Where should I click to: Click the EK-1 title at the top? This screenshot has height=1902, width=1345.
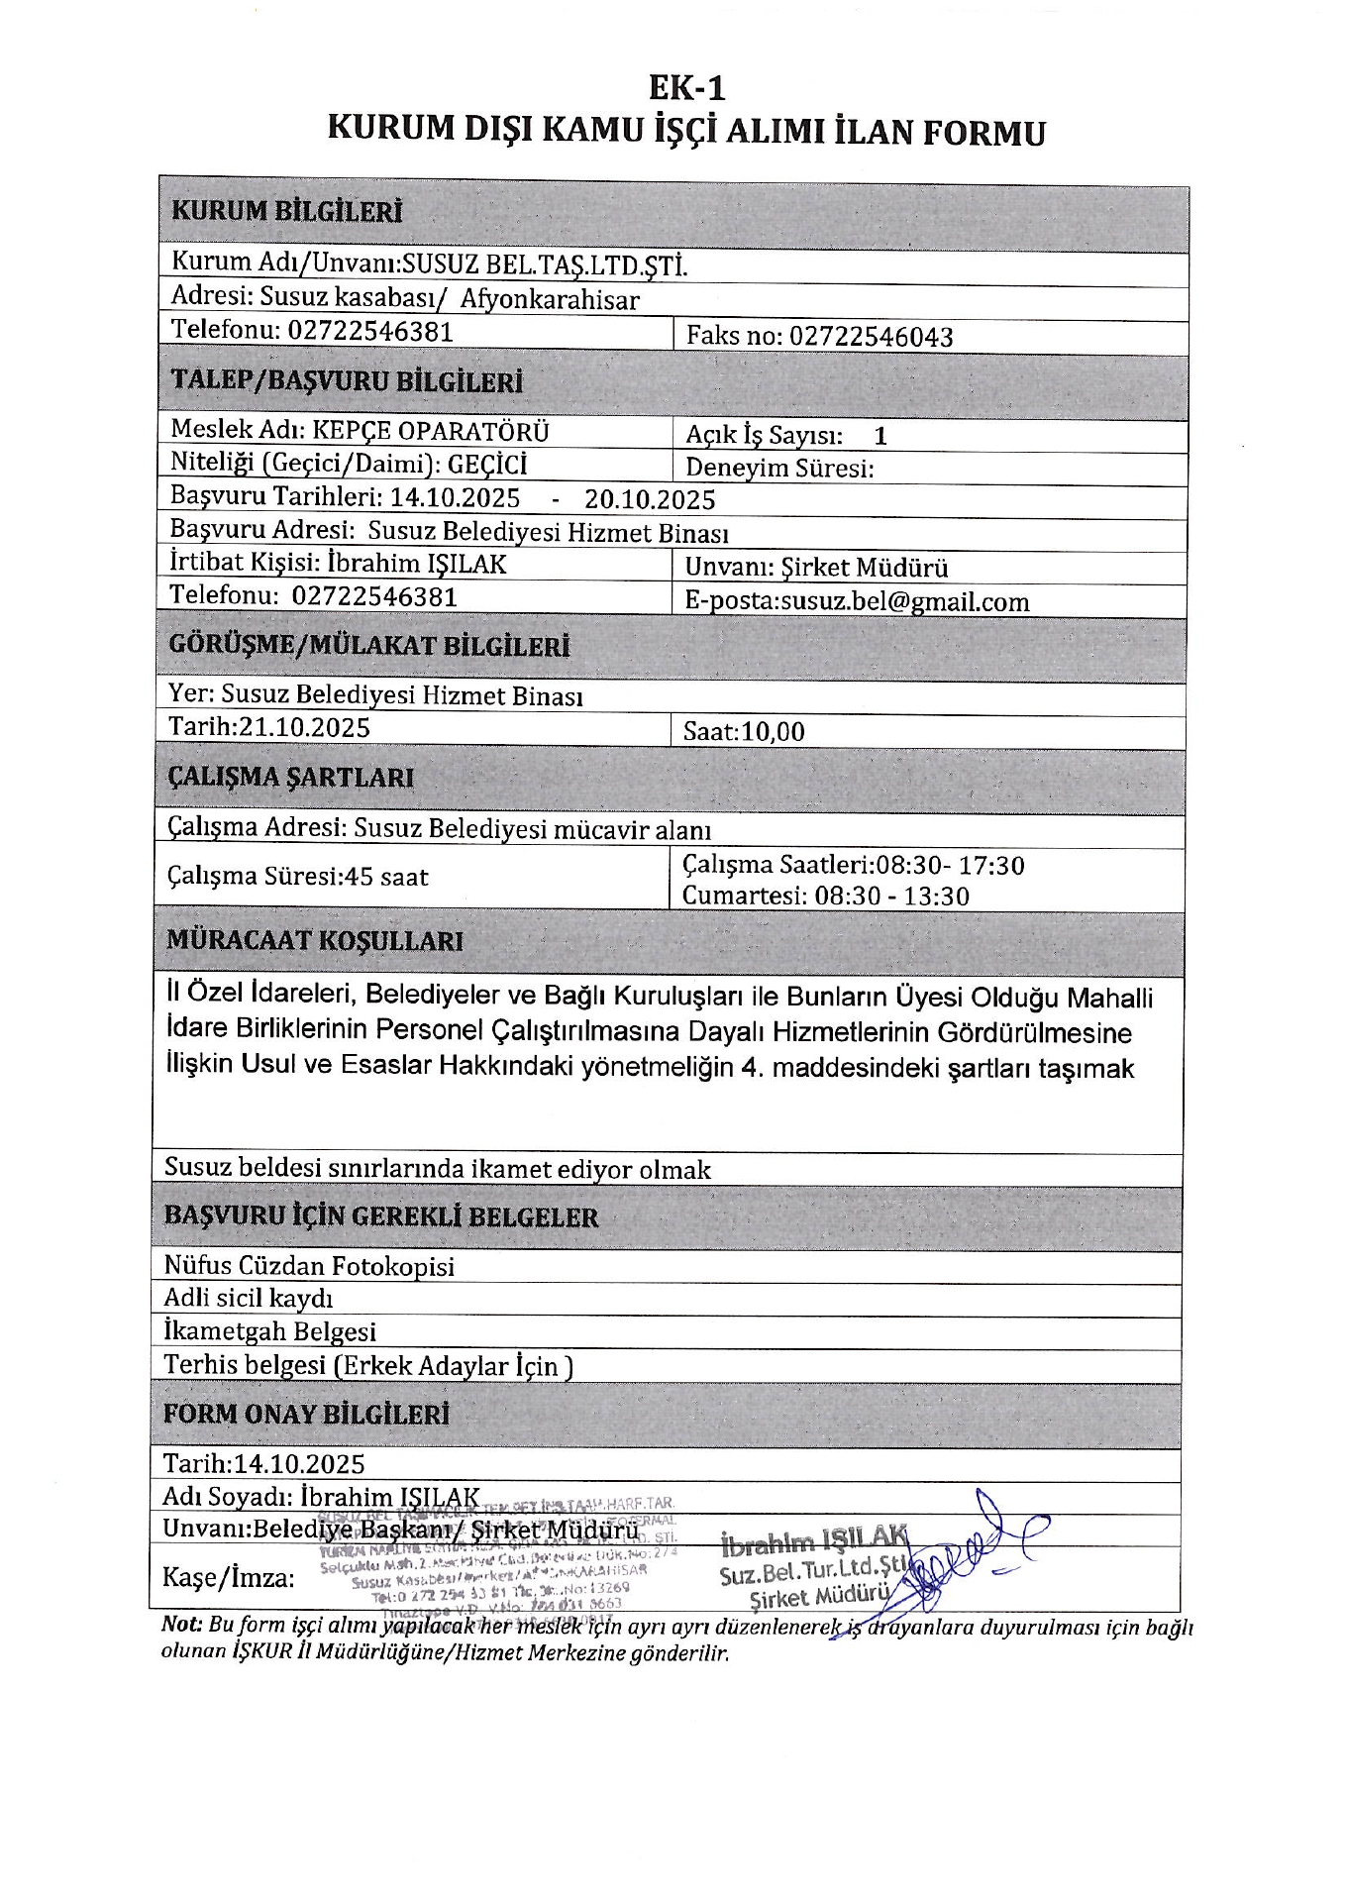tap(686, 89)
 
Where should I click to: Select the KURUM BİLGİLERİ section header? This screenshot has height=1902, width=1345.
tap(287, 212)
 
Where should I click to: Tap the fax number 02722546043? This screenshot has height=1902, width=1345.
tap(871, 337)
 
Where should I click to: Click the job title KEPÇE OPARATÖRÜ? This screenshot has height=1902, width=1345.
tap(431, 431)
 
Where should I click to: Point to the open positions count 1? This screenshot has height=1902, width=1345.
tap(880, 436)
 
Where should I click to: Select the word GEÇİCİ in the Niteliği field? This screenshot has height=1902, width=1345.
tap(487, 465)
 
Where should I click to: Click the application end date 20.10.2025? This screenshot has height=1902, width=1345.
tap(650, 499)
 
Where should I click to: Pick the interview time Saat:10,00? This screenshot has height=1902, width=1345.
tap(744, 732)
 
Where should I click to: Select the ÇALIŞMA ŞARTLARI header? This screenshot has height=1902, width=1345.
tap(290, 778)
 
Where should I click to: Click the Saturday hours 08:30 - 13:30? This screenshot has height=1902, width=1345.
tap(891, 897)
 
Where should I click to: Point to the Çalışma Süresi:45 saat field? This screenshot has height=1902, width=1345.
tap(297, 877)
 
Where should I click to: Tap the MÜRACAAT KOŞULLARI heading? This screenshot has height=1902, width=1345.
tap(314, 940)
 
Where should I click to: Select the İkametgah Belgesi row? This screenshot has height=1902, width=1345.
tap(269, 1331)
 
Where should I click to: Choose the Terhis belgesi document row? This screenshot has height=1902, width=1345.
tap(367, 1365)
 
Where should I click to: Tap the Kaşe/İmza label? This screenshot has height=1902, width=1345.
tap(229, 1577)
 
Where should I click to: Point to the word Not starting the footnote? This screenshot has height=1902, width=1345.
tap(181, 1626)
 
